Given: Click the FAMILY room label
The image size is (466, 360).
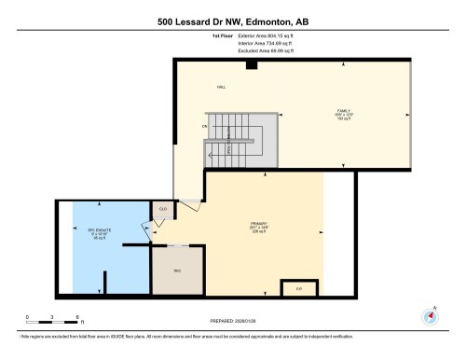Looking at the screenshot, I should click(343, 113).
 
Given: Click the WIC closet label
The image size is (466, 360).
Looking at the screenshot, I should click(177, 270).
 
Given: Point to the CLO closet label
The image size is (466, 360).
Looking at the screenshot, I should click(162, 209).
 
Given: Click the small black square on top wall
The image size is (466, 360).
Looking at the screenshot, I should click(251, 64).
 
